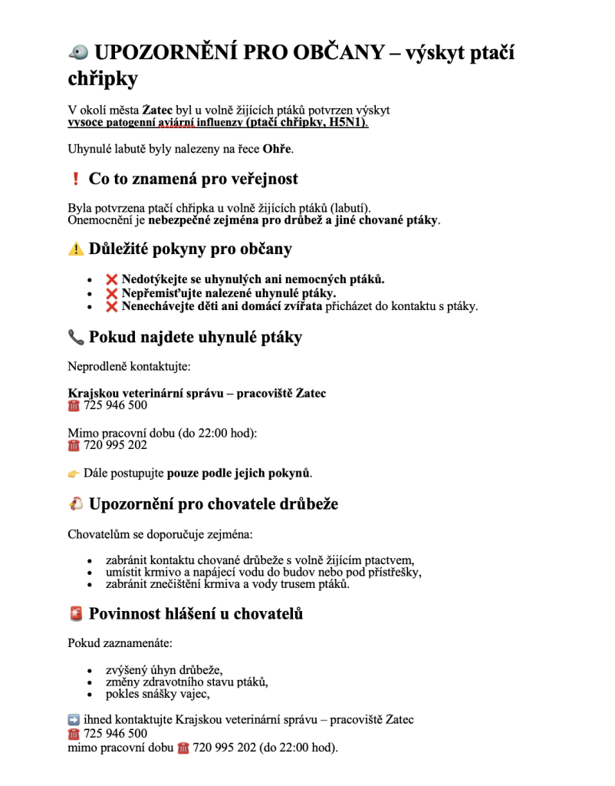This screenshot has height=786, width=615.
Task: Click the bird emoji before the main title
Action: click(x=78, y=52)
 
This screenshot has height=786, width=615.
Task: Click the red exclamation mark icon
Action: click(x=75, y=179)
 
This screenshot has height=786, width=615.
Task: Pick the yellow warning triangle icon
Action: click(x=76, y=249)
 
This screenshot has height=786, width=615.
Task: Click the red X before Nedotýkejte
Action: click(x=112, y=279)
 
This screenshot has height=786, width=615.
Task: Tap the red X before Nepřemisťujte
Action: click(x=112, y=292)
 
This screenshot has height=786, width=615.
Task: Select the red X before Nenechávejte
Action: click(x=112, y=306)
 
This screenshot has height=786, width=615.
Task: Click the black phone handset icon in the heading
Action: click(x=76, y=337)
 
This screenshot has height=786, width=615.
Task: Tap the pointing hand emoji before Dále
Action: click(x=74, y=473)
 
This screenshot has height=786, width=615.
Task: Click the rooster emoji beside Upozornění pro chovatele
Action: click(x=76, y=504)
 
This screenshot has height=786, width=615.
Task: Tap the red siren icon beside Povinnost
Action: click(x=76, y=614)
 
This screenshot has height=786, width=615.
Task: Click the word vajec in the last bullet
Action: click(x=192, y=694)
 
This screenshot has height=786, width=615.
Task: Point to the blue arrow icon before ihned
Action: click(x=74, y=720)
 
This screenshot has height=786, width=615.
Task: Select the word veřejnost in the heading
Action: click(x=261, y=179)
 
